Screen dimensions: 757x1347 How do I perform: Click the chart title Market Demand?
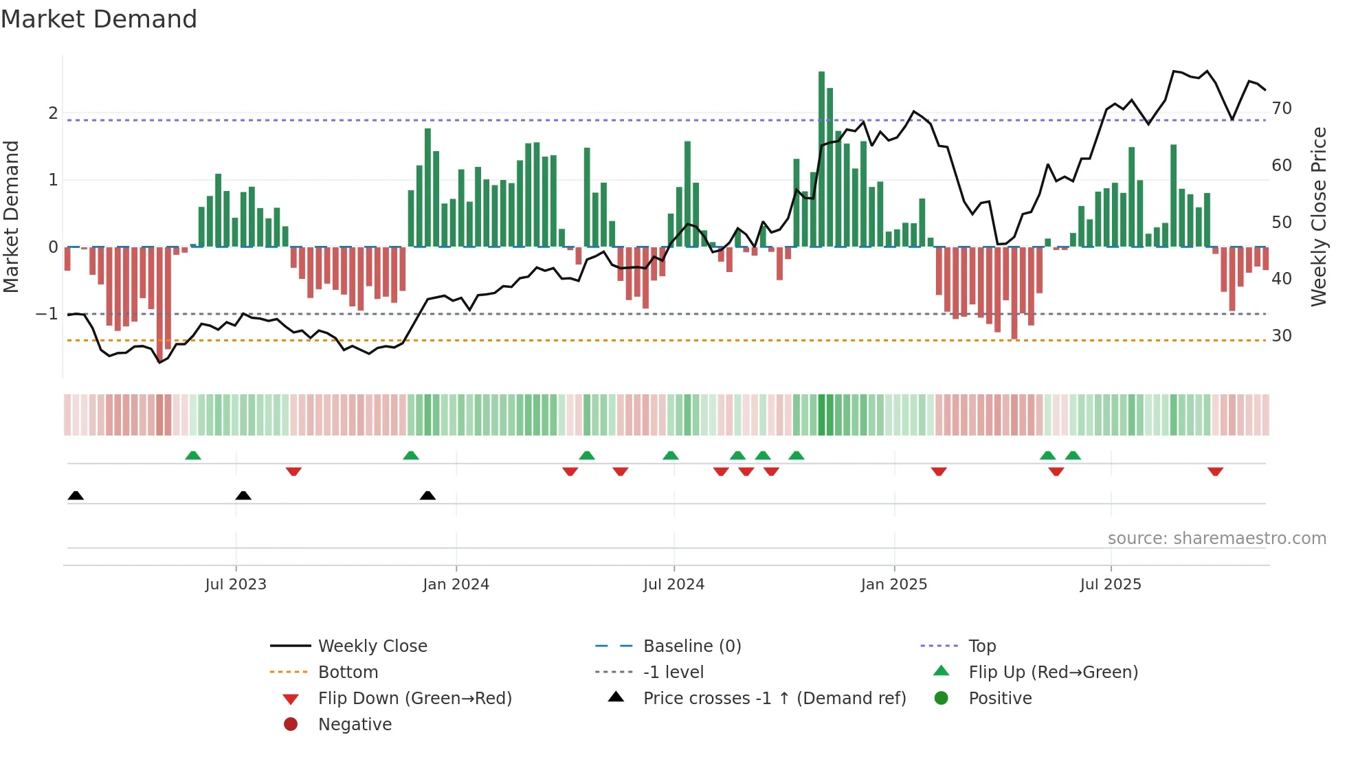[99, 19]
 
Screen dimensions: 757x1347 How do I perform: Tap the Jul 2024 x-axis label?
[673, 585]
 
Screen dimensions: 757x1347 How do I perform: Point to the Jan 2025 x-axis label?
[893, 585]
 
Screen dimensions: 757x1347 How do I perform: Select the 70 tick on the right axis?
[1282, 109]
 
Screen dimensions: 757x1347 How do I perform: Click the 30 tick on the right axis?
[1282, 336]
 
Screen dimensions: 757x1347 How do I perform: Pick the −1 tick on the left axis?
[47, 314]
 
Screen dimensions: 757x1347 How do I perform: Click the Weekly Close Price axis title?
[1318, 216]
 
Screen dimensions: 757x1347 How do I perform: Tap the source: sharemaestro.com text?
[1216, 539]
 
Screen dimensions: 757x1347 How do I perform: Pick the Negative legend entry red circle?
[291, 725]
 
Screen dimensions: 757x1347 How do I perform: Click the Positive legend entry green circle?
[942, 699]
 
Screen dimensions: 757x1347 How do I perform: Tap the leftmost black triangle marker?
[76, 496]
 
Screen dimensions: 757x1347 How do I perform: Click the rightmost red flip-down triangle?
[1215, 471]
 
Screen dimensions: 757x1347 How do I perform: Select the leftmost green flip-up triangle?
[193, 455]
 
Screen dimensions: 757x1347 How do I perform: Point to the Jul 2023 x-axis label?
[236, 585]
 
